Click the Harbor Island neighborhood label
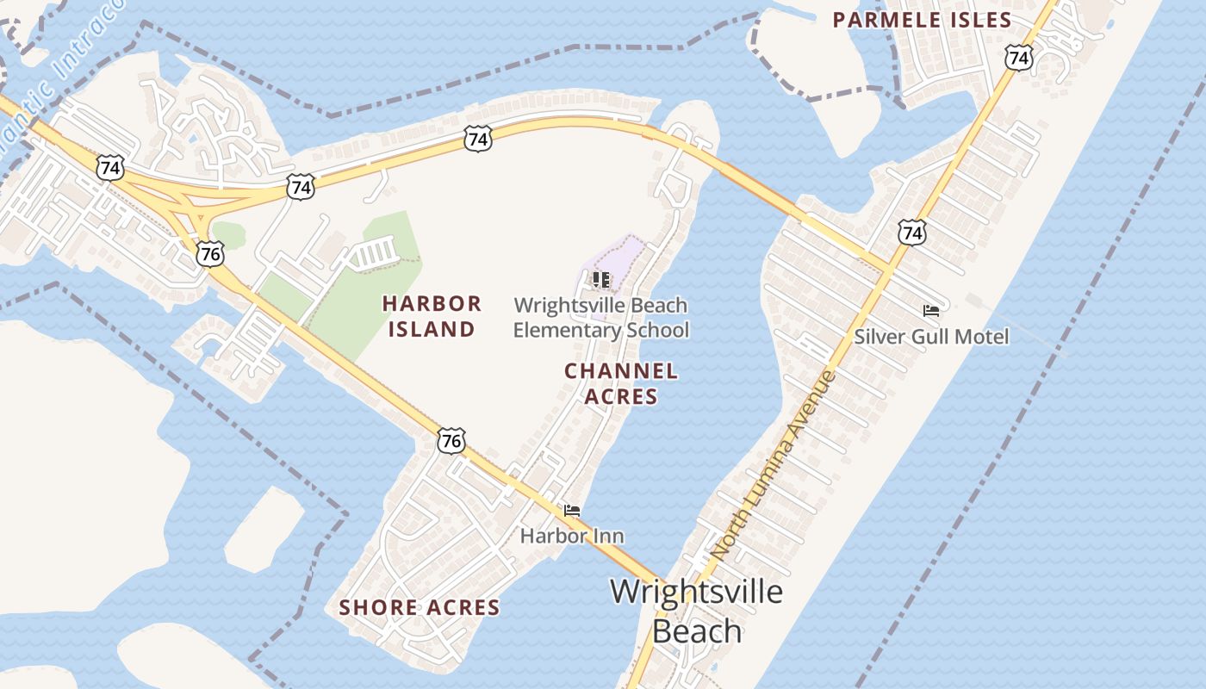pos(432,316)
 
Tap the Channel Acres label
pos(621,383)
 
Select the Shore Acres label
pos(420,607)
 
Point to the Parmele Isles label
pos(922,20)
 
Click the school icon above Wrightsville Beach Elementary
pos(600,279)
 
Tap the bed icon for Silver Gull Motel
pos(930,310)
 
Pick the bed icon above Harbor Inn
pos(572,510)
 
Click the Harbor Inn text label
pos(572,536)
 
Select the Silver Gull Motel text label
pos(930,336)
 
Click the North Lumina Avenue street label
pos(774,463)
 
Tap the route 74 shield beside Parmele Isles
pos(1018,58)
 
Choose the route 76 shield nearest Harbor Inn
pos(451,442)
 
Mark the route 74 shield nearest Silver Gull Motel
pos(911,232)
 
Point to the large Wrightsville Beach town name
pos(696,611)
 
